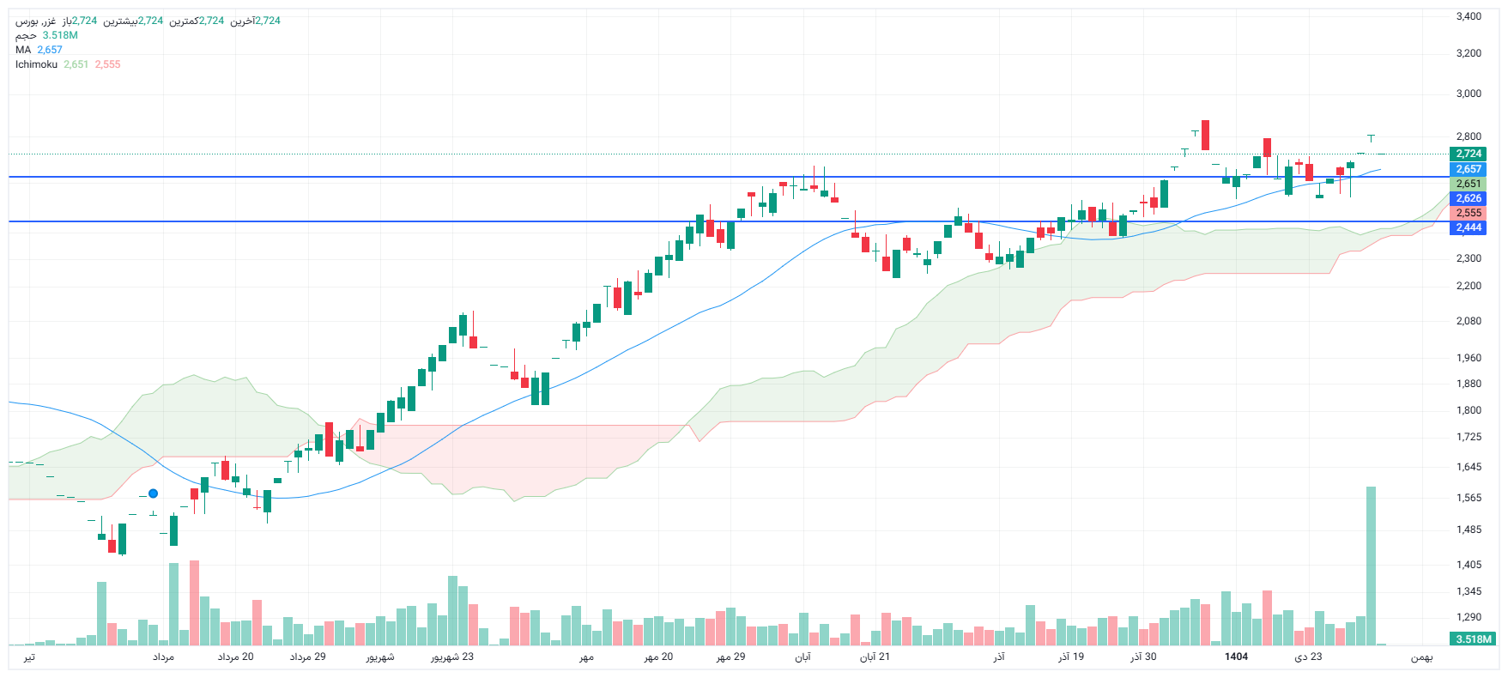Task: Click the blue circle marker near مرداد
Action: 153,493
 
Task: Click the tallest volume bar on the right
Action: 1371,566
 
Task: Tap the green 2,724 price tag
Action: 1469,154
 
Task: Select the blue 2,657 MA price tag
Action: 1469,169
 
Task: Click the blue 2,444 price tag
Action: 1469,227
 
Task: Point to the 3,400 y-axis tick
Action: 1469,16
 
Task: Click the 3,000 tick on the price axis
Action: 1469,94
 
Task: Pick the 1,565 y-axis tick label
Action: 1469,498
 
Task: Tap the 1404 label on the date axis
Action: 1236,657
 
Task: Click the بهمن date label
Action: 1422,657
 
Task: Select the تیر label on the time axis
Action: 29,657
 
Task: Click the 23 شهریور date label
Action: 452,657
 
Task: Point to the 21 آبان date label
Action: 875,657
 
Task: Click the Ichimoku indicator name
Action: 36,64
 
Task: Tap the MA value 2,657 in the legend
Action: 50,50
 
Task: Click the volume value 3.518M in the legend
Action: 60,35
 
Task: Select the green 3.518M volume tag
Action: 1474,639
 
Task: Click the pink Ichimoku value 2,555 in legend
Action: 107,64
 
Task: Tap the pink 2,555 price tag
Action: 1469,213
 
